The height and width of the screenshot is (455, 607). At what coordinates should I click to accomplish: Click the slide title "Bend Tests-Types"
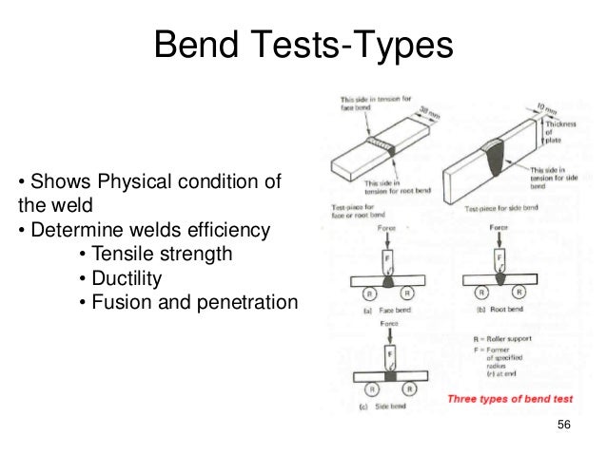303,43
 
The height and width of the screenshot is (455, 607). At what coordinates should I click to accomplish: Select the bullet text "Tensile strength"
156,255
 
